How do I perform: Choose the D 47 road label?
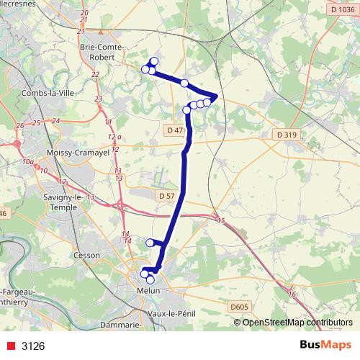coord(174,130)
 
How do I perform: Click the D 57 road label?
coord(165,195)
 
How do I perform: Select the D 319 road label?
coord(286,134)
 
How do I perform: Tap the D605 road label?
coord(240,307)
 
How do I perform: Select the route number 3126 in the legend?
coord(33,346)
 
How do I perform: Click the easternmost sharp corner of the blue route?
coord(216,96)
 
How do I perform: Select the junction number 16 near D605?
coord(292,294)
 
